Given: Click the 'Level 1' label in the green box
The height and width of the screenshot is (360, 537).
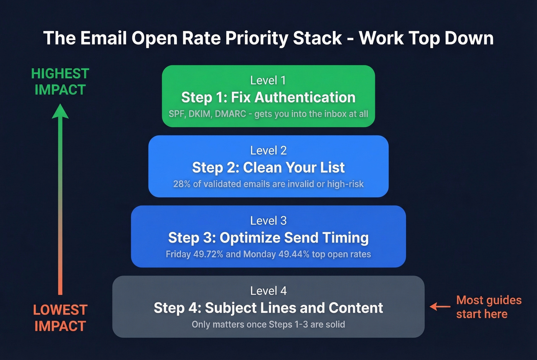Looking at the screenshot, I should point(268,81).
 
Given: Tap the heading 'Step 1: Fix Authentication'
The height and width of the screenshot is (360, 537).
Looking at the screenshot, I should point(268,97).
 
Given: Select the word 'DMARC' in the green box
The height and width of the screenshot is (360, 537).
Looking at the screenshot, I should point(231,114).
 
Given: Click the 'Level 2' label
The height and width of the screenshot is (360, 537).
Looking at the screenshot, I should point(268,151).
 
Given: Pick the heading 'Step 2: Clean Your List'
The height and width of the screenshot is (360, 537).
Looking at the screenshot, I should point(268,168).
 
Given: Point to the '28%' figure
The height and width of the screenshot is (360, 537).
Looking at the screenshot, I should point(182,184).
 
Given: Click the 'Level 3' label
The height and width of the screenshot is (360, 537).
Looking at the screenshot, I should point(268,221).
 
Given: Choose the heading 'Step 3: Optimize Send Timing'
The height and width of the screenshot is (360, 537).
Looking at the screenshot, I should point(268,238).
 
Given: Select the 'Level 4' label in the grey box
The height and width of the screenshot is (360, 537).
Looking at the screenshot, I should point(268,291).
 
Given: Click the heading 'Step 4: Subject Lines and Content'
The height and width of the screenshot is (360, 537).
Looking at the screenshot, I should point(268,308).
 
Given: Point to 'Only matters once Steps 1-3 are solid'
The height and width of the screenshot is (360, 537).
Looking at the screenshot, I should point(268,324).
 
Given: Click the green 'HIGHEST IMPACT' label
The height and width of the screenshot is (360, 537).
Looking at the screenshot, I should point(60,82).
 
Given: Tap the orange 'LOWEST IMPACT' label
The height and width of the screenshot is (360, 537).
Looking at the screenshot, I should point(60,318).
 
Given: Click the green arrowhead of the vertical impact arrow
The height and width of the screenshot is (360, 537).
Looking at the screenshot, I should point(60,112).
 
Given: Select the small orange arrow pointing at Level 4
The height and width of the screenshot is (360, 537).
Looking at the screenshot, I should point(440,306).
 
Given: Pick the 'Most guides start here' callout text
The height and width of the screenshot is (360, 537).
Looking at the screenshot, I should point(488,307).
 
